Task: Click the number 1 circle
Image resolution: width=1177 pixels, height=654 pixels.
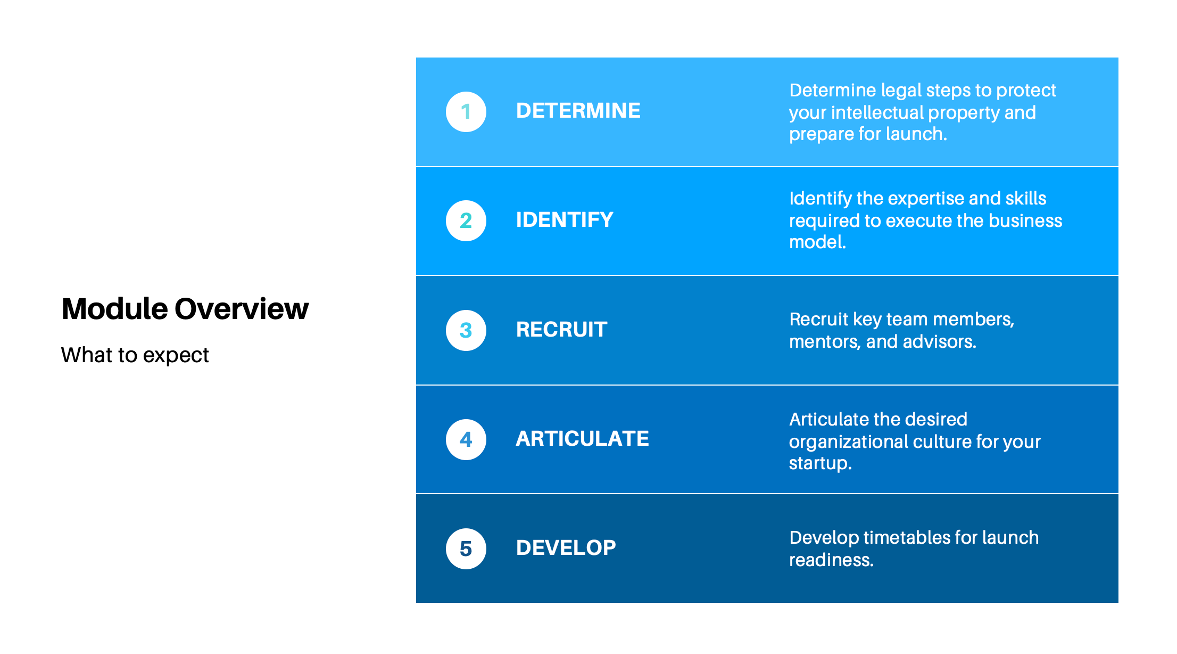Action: pos(466,112)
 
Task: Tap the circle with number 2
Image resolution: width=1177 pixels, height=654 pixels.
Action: pos(466,220)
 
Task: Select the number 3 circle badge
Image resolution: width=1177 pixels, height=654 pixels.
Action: pos(466,330)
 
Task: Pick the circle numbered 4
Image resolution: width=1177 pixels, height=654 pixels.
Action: pos(466,439)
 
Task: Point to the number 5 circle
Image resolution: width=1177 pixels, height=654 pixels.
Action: pos(466,549)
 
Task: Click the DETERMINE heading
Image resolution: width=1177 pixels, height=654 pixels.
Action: pos(578,111)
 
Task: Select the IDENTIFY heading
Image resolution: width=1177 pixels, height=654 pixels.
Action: pos(564,220)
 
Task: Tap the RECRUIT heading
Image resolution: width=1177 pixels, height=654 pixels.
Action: pos(561,330)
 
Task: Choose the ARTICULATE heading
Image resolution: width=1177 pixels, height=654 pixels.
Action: pos(582,439)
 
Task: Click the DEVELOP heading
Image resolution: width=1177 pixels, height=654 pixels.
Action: pos(566,548)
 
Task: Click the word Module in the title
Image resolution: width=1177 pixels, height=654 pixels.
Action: pos(114,309)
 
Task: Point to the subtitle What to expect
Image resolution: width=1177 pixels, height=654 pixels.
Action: pos(135,355)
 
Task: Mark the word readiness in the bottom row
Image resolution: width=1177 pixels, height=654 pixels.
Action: pos(831,560)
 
